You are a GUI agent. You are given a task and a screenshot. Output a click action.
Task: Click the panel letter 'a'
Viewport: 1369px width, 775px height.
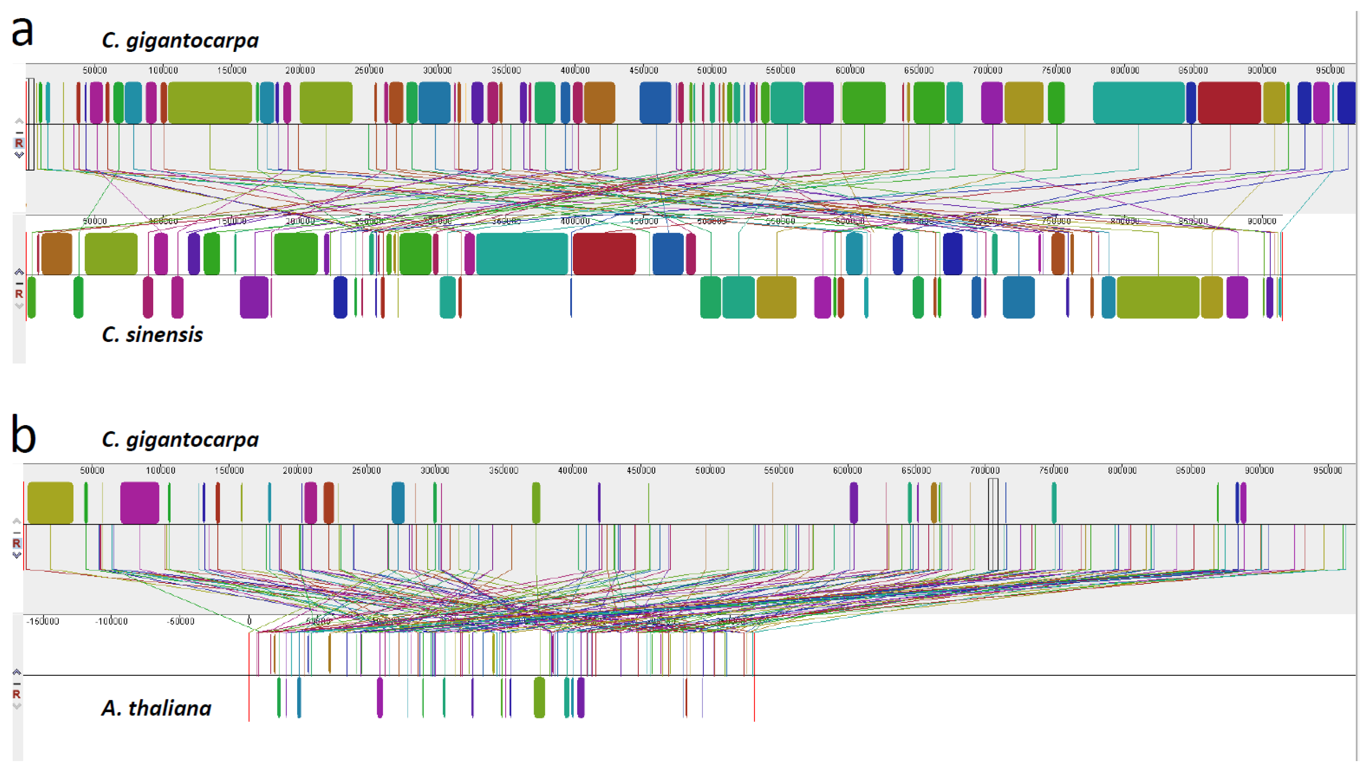[22, 32]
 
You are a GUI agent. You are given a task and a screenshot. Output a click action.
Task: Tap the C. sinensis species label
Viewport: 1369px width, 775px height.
[152, 335]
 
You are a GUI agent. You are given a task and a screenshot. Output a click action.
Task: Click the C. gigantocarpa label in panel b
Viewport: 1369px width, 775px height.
[180, 440]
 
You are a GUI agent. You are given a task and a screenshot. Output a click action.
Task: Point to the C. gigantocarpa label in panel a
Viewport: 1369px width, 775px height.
[180, 41]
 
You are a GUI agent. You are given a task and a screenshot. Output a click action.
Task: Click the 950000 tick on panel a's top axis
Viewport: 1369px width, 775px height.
[1330, 70]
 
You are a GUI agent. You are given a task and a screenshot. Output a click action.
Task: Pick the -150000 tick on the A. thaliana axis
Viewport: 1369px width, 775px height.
[43, 622]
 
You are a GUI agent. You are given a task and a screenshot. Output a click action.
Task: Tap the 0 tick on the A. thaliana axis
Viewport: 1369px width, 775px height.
[249, 621]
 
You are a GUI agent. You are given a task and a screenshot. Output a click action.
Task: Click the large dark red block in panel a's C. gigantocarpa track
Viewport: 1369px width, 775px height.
[1229, 103]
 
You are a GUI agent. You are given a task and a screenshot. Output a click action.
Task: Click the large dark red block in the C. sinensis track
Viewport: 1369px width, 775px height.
[604, 254]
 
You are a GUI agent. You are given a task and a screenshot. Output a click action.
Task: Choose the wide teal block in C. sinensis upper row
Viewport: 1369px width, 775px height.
[522, 254]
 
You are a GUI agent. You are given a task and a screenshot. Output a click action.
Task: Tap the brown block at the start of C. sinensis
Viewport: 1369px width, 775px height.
[57, 254]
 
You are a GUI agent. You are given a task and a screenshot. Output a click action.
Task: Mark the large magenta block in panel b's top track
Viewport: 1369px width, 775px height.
[139, 503]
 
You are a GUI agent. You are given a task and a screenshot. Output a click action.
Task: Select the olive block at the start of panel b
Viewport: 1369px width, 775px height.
[50, 503]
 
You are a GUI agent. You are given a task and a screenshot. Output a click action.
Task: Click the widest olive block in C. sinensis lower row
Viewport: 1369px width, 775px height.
[1158, 298]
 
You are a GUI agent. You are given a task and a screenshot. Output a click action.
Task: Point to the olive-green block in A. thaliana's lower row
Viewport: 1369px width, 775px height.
[539, 697]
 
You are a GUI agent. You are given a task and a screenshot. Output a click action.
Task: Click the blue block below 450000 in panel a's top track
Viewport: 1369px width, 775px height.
[655, 103]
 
